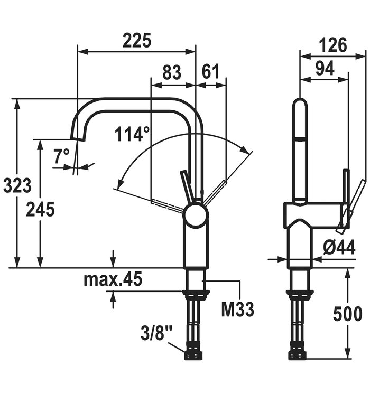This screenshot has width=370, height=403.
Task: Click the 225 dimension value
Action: click(x=137, y=40)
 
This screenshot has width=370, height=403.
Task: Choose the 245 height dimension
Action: click(x=40, y=209)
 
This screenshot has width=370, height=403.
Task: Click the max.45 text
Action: click(x=113, y=280)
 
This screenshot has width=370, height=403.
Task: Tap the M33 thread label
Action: click(x=237, y=309)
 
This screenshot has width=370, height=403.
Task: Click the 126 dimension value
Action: click(x=333, y=45)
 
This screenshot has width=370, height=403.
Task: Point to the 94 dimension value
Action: click(x=324, y=69)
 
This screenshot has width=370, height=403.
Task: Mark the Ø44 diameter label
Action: click(x=339, y=248)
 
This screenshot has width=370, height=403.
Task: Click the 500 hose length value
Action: click(x=348, y=314)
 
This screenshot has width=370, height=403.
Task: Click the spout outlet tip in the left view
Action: click(x=78, y=138)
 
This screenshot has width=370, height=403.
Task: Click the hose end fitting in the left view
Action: click(x=194, y=355)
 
